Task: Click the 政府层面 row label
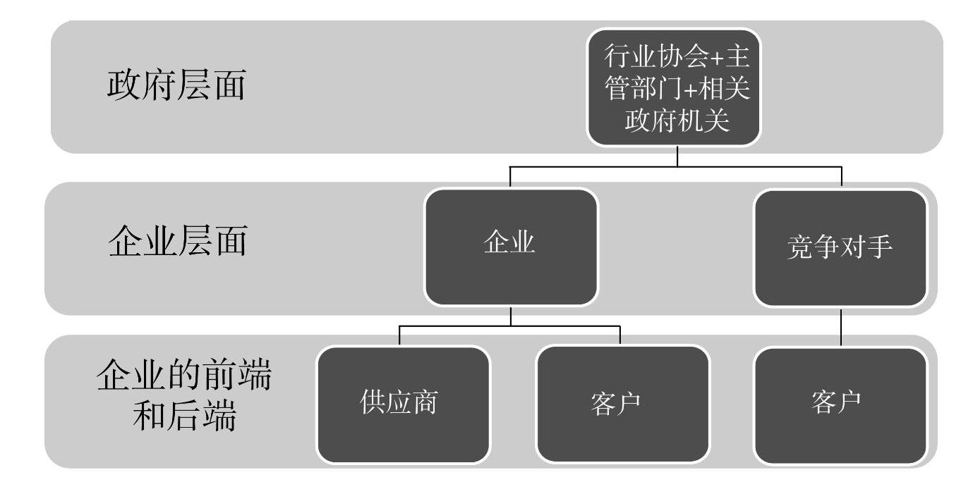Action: point(176,87)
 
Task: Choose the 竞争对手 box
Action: point(840,248)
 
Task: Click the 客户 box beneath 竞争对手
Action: point(840,404)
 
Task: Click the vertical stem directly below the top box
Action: point(677,156)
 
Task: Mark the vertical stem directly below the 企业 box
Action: point(511,316)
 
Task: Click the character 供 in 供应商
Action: point(373,404)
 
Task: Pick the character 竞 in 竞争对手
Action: point(798,248)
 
